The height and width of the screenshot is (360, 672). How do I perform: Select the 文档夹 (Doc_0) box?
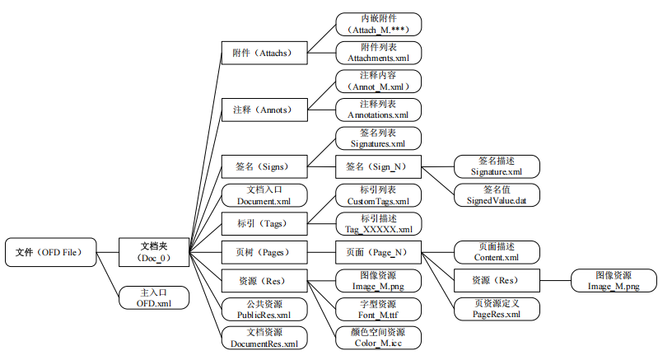point(154,251)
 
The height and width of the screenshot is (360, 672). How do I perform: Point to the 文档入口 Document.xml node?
point(264,195)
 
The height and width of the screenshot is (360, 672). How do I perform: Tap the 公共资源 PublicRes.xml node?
point(264,309)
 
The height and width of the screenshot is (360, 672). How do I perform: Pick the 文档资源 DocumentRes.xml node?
point(264,337)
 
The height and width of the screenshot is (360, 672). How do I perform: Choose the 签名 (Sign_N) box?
point(378,166)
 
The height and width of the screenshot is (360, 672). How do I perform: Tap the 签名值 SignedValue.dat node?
point(497,194)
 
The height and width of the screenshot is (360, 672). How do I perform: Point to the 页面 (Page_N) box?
point(378,251)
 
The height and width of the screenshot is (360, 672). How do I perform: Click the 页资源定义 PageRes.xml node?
point(497,309)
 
